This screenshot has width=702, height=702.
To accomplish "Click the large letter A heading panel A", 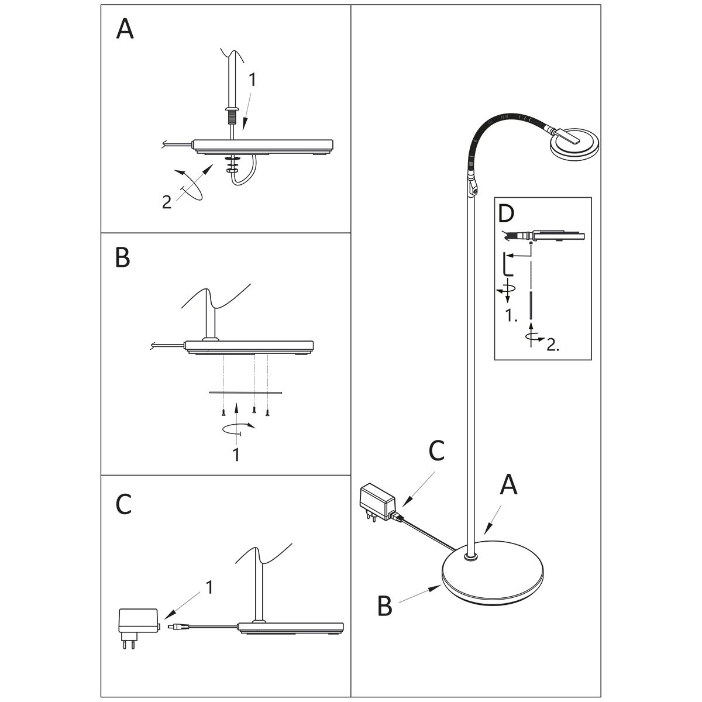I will click(125, 29).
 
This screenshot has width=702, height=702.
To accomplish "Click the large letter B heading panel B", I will click(123, 257).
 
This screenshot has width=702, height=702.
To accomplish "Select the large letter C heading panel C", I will click(123, 504).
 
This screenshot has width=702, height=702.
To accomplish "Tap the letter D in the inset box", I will click(506, 215).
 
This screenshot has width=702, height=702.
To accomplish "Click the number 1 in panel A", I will click(252, 81).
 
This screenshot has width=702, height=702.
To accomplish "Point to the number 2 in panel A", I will click(167, 202).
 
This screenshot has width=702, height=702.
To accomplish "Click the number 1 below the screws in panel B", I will click(236, 455).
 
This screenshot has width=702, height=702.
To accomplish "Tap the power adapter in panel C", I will click(138, 620).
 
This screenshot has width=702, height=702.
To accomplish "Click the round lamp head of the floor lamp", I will click(574, 143).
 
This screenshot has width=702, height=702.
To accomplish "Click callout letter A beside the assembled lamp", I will click(509, 485).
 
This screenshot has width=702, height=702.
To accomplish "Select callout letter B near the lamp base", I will click(384, 606).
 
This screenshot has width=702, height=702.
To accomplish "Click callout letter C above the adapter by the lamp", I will click(436, 450).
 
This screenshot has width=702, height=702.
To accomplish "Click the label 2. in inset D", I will click(553, 345).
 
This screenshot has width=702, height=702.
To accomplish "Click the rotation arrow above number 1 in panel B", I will click(239, 429).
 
